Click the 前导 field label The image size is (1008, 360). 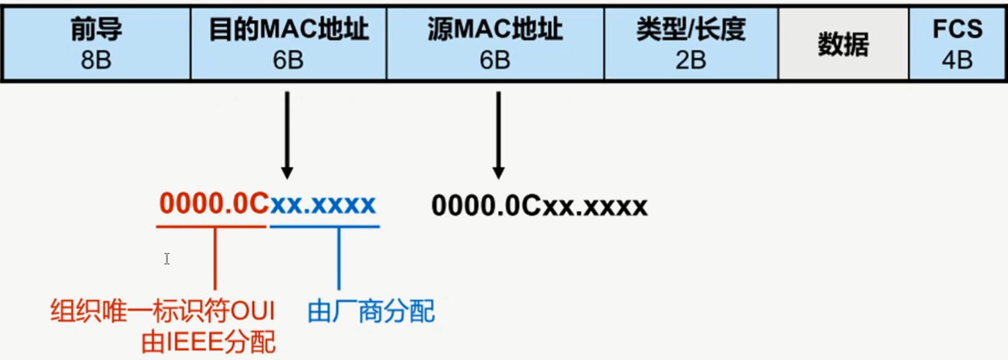97,30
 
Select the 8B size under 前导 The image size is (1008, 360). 97,60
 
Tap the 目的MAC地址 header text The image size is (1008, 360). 288,30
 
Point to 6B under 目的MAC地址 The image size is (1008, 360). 288,60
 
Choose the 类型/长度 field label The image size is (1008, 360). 690,30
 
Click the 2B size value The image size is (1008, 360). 690,60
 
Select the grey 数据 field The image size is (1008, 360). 843,45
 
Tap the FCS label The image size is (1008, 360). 957,30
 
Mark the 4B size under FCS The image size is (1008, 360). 957,60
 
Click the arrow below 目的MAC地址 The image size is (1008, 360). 288,133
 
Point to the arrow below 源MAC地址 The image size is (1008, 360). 499,133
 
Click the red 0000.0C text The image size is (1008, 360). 213,204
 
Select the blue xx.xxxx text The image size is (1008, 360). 323,204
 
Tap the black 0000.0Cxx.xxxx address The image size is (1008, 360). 539,205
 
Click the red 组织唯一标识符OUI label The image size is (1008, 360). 163,312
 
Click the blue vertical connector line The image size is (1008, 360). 339,258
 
